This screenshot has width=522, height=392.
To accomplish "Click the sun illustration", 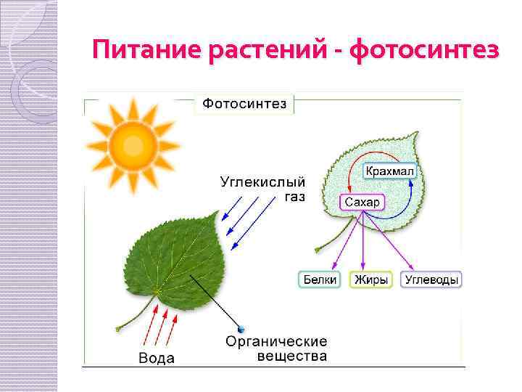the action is [x=133, y=143].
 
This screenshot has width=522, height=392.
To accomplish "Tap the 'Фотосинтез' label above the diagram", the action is [x=244, y=105].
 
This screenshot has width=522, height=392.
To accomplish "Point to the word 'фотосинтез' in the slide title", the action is [x=424, y=51].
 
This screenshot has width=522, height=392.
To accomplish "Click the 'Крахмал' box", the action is [x=389, y=171].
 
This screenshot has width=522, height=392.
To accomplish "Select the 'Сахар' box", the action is [x=362, y=202].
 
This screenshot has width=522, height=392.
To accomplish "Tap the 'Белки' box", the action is [x=319, y=279].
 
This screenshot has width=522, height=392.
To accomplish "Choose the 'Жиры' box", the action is [x=370, y=279].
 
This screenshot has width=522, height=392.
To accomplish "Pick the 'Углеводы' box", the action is [x=433, y=279].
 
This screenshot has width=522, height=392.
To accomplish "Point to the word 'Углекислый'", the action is [x=262, y=182].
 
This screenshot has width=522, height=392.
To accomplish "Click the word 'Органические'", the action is [x=276, y=341].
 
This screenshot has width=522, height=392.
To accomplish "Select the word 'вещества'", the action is [x=292, y=356].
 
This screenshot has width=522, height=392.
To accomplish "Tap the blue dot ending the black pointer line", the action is [x=241, y=330].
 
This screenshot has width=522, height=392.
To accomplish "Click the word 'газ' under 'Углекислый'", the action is [x=294, y=197].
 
